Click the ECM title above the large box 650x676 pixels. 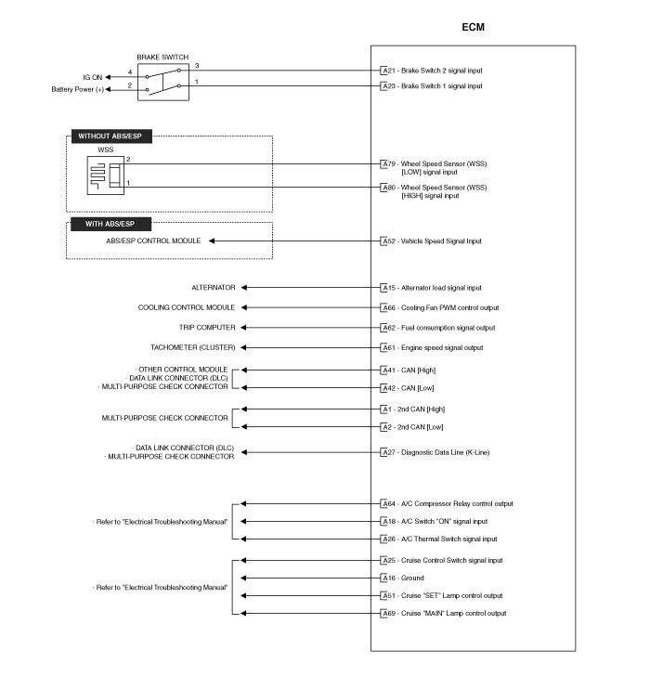click(473, 27)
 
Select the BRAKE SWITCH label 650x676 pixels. click(162, 57)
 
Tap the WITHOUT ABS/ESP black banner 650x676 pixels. click(111, 136)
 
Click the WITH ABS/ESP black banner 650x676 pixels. click(111, 224)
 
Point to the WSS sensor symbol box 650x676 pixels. click(106, 175)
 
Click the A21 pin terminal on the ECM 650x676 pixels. click(383, 71)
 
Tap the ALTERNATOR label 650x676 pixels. click(214, 288)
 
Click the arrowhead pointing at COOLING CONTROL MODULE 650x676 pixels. click(244, 308)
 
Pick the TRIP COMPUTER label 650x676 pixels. click(207, 328)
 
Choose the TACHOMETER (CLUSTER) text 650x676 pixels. click(192, 347)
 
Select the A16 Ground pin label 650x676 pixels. click(403, 578)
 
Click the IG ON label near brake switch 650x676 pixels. click(93, 78)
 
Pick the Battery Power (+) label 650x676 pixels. click(78, 90)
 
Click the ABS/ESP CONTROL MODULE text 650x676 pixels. click(153, 241)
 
